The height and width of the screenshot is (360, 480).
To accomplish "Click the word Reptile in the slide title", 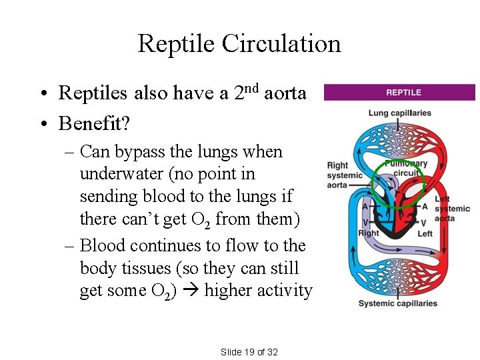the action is click(x=177, y=44).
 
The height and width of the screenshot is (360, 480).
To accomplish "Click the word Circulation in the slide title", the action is click(x=281, y=44).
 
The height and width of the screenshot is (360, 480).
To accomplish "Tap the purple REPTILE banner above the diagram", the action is click(x=400, y=93).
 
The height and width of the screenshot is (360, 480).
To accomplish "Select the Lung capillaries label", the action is click(x=400, y=113).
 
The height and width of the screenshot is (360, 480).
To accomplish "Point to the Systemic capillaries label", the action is click(x=398, y=303).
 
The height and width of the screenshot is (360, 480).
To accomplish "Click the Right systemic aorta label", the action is click(x=345, y=175).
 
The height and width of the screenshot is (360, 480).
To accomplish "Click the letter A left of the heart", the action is click(x=365, y=207).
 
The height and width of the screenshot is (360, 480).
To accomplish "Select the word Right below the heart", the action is click(x=369, y=233).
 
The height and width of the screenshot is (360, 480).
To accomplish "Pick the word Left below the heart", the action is click(x=425, y=233).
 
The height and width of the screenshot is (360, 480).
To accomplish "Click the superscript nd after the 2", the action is click(x=253, y=88).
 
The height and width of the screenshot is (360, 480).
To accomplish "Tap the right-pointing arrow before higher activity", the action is click(x=192, y=291).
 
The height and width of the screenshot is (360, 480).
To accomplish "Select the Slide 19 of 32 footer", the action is click(x=249, y=351).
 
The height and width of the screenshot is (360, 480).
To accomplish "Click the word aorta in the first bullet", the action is click(x=285, y=93).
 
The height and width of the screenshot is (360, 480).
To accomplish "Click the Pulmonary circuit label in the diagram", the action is click(x=407, y=168).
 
